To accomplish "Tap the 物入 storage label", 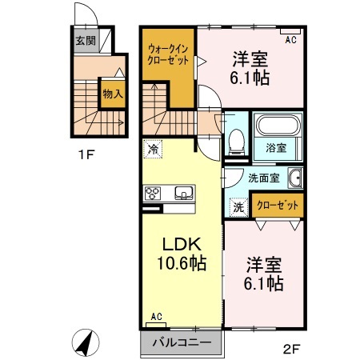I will (x=112, y=93).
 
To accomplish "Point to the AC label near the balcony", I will (x=155, y=318).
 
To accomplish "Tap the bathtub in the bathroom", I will (x=278, y=126).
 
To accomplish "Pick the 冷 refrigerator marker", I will (x=151, y=148).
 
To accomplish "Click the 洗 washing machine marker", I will (x=238, y=206).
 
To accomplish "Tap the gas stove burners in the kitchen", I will (x=152, y=193).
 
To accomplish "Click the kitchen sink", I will (x=183, y=193).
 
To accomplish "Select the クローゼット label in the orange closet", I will (x=279, y=206).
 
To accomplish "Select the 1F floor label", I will (x=86, y=155).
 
